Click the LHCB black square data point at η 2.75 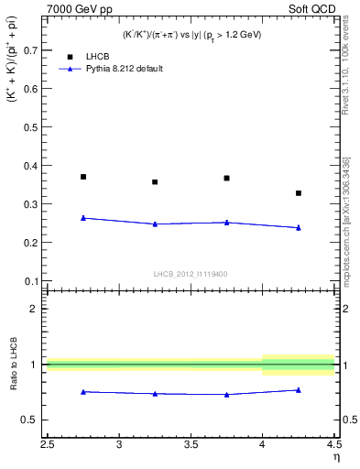[x=83, y=177]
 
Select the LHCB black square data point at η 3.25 [x=155, y=182]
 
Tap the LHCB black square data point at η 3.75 [x=226, y=179]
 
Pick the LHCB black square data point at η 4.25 [x=299, y=193]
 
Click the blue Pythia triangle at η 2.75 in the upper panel [x=83, y=218]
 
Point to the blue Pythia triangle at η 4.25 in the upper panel [x=299, y=227]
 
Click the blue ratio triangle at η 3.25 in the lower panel [x=155, y=394]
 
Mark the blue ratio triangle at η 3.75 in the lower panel [x=226, y=395]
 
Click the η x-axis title [x=335, y=457]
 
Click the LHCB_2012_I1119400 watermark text [x=191, y=274]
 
